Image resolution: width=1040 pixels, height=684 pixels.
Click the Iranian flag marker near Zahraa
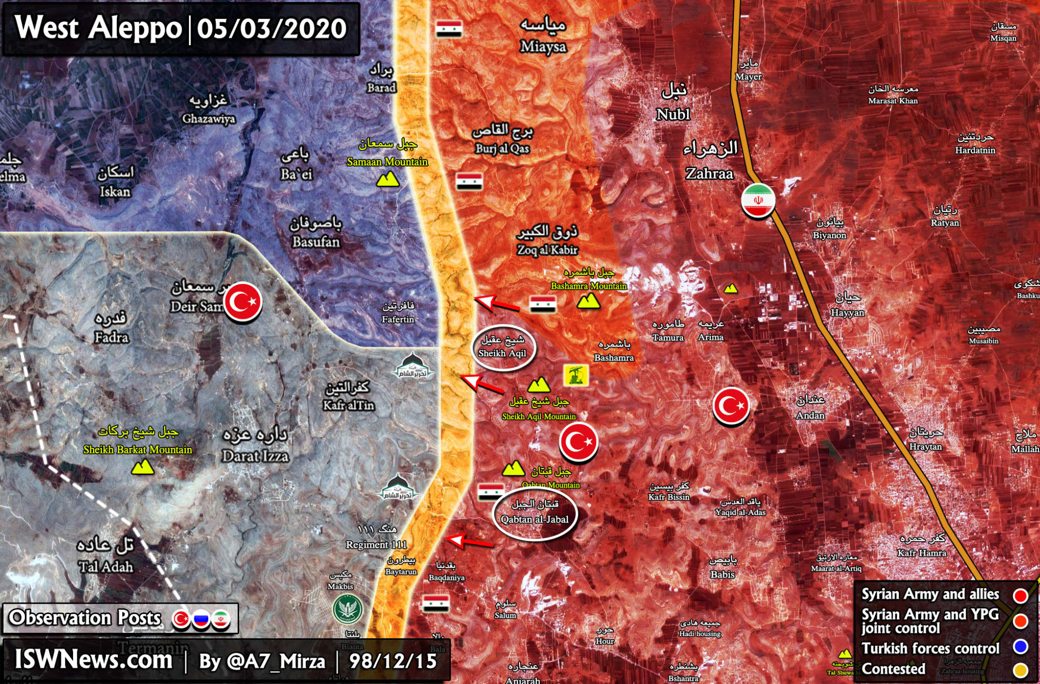coord(758,200)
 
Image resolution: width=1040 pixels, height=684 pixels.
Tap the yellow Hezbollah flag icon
coord(576,375)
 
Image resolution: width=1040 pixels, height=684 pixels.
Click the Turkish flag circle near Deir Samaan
coord(243,302)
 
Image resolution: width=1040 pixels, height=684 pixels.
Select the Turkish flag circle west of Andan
coord(731,405)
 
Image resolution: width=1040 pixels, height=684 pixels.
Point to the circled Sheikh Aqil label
coord(503,347)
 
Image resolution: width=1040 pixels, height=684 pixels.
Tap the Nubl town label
coord(673,114)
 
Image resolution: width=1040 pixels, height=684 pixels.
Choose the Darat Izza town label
coord(255,455)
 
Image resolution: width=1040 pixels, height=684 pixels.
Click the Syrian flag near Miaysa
coord(449,29)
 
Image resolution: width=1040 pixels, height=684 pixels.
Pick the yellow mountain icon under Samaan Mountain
coord(387,180)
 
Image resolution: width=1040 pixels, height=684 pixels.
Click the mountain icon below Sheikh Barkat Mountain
coord(143,467)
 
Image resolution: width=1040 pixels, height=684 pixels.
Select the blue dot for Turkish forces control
coord(1020,646)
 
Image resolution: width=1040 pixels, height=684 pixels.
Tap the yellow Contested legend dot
coord(1020,670)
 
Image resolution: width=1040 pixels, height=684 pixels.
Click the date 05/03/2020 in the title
coord(272,28)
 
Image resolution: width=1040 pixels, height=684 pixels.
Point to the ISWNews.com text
coord(93,660)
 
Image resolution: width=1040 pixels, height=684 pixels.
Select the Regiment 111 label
coord(376,544)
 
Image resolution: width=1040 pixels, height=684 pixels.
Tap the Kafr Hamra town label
coord(922,552)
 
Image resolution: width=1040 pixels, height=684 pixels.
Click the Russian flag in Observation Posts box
coord(201,619)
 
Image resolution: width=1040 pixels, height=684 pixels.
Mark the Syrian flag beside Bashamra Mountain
coord(542,304)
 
